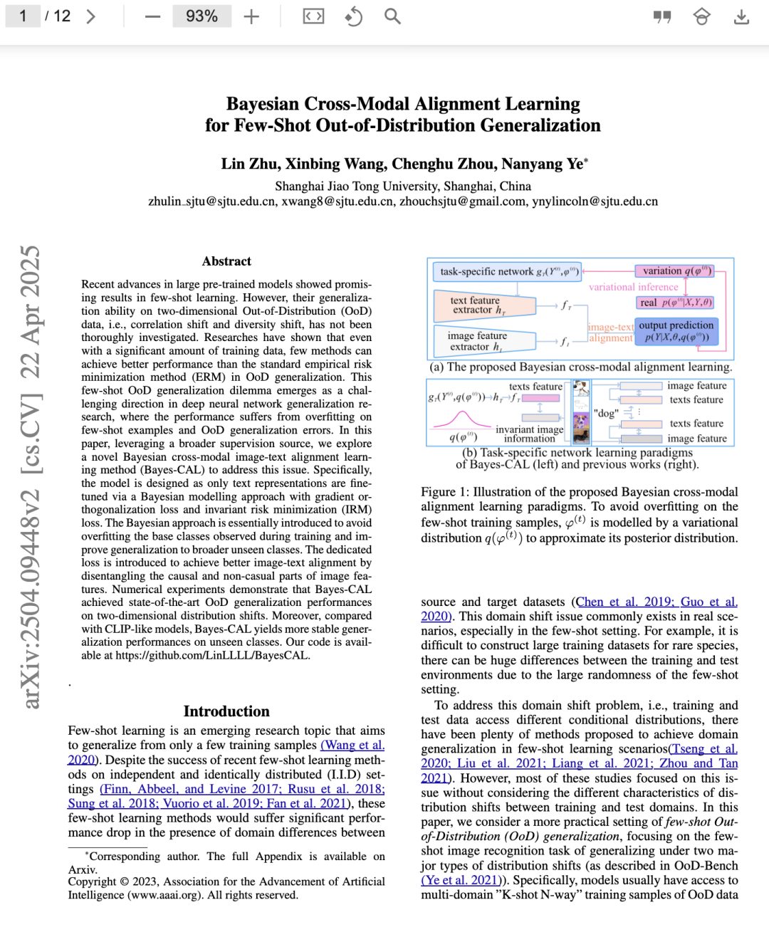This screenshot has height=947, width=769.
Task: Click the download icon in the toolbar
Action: pos(741,16)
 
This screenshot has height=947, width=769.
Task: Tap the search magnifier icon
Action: pos(392,16)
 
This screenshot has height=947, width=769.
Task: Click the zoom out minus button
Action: pos(152,16)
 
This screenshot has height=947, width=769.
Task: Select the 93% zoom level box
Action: pos(202,16)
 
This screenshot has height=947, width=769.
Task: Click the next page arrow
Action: pos(91,16)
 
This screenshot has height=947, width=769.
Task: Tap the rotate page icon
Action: pos(353,16)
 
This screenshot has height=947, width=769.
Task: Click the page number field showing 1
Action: pos(23,16)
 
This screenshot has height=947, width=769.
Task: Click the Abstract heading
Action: pos(226,261)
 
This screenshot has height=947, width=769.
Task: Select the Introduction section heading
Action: pos(226,711)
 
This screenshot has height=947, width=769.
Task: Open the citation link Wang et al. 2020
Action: pos(352,745)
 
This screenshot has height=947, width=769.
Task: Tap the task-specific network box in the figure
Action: pos(506,271)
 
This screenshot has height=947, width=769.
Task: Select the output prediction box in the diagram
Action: pos(676,331)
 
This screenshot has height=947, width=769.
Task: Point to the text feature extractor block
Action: pos(483,305)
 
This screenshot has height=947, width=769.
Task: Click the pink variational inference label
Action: pos(633,287)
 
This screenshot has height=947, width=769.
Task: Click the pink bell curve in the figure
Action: pos(461,419)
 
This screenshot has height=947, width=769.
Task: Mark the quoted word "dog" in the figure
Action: pos(605,413)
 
